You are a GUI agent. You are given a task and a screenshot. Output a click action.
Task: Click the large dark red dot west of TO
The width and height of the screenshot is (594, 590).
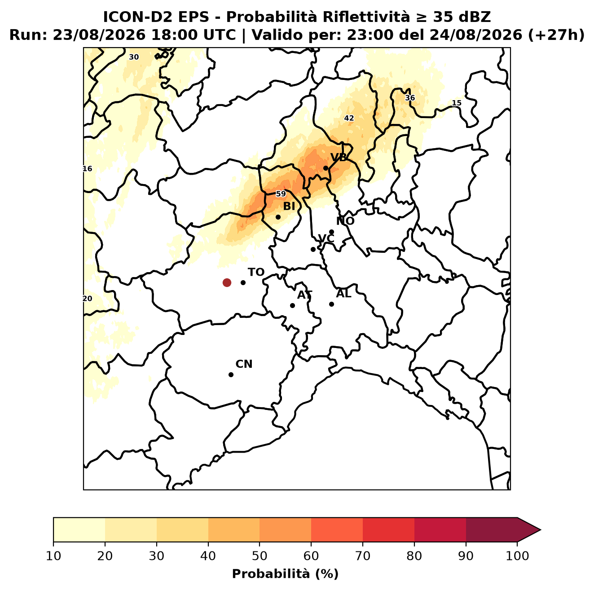point(227,282)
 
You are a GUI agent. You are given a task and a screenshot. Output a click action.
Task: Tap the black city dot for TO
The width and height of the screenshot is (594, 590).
point(243,282)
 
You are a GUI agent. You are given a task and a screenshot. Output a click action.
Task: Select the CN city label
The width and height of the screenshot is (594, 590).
point(244,364)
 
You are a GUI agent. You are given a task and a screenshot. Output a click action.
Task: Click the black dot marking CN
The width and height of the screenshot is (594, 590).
point(231,375)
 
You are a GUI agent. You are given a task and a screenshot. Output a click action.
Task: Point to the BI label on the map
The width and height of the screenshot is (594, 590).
point(289,207)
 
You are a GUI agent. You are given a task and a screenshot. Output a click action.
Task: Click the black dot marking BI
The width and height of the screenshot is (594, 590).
point(278,217)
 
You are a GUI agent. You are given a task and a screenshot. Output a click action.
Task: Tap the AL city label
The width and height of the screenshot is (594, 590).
point(344,294)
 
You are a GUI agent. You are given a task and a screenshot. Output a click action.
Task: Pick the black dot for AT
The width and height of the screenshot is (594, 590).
point(292,306)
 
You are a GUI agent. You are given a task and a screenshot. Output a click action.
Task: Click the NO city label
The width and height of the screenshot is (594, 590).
point(345,221)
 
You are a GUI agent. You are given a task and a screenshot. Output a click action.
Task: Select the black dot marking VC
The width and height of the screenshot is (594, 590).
point(313,249)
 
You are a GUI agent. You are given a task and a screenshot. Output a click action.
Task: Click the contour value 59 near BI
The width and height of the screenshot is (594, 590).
point(281,194)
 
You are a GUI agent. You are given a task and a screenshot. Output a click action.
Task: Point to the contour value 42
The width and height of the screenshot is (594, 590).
point(349,118)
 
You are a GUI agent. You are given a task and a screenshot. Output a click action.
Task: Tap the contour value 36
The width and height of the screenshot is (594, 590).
point(409,98)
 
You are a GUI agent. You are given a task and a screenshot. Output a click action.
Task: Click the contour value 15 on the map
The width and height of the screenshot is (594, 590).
point(457,103)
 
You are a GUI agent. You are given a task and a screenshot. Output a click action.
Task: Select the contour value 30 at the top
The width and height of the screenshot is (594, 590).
point(134,57)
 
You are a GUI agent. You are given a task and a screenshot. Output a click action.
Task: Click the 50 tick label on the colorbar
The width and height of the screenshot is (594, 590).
point(260,556)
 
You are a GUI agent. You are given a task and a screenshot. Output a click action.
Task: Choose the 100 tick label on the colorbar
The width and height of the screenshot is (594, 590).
point(517,556)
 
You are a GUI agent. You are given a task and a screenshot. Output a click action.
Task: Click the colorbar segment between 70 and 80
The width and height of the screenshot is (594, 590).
point(388,529)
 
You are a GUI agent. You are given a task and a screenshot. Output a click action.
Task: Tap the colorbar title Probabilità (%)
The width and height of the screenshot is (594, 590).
point(285,574)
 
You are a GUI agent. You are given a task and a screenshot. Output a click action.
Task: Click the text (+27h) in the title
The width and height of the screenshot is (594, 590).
point(556,35)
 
